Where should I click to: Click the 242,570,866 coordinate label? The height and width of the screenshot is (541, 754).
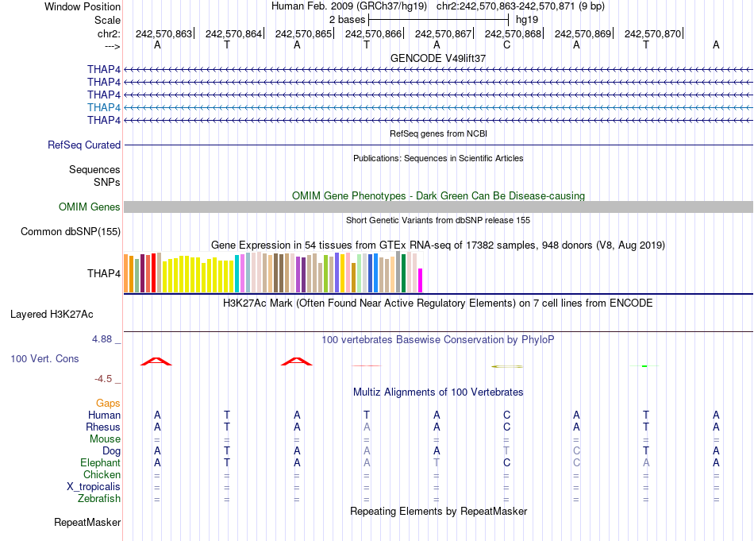pyautogui.click(x=373, y=33)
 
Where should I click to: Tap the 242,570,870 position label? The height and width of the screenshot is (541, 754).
pyautogui.click(x=652, y=33)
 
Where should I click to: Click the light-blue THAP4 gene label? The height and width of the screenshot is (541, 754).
pyautogui.click(x=104, y=107)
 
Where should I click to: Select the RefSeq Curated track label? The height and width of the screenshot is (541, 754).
pyautogui.click(x=84, y=145)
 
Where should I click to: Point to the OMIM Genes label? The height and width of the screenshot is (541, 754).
pyautogui.click(x=90, y=207)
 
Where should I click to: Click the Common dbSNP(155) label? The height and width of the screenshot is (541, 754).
pyautogui.click(x=71, y=232)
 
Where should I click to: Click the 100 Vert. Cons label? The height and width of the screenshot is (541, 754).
pyautogui.click(x=44, y=359)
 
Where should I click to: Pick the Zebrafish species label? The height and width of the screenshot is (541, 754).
pyautogui.click(x=100, y=499)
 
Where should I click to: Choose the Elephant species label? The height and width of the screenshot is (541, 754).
pyautogui.click(x=100, y=463)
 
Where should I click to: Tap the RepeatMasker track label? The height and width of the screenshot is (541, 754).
pyautogui.click(x=87, y=523)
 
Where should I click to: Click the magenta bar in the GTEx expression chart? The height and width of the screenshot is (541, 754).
pyautogui.click(x=421, y=281)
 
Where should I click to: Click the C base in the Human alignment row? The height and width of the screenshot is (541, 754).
pyautogui.click(x=506, y=415)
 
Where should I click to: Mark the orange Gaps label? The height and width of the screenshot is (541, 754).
pyautogui.click(x=108, y=404)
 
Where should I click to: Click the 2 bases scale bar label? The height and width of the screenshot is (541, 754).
pyautogui.click(x=343, y=18)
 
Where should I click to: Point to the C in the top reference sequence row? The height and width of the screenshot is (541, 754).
pyautogui.click(x=506, y=45)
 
